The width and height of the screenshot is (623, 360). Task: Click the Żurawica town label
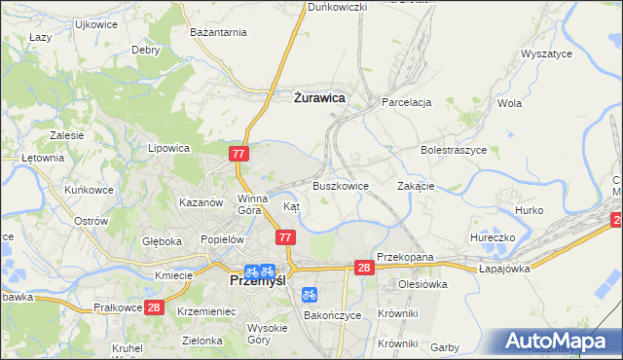pyautogui.click(x=319, y=97)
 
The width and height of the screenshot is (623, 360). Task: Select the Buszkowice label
pyautogui.click(x=341, y=185)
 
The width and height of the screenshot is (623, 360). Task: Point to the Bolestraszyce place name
pyautogui.click(x=454, y=151)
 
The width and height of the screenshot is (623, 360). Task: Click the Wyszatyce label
pyautogui.click(x=546, y=54)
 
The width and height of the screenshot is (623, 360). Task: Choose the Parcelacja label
pyautogui.click(x=407, y=101)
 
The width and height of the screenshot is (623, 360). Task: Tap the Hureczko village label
pyautogui.click(x=492, y=236)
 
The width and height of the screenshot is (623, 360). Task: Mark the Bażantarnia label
pyautogui.click(x=219, y=32)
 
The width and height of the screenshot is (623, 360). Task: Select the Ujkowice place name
pyautogui.click(x=41, y=22)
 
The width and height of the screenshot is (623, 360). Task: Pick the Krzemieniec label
pyautogui.click(x=206, y=310)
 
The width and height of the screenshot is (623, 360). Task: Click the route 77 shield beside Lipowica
pyautogui.click(x=240, y=154)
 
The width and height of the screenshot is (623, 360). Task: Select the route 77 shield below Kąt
pyautogui.click(x=285, y=237)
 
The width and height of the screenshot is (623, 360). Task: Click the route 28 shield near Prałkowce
pyautogui.click(x=154, y=307)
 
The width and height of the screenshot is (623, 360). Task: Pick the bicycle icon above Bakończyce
pyautogui.click(x=309, y=293)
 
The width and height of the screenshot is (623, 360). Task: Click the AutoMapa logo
pyautogui.click(x=560, y=341)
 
